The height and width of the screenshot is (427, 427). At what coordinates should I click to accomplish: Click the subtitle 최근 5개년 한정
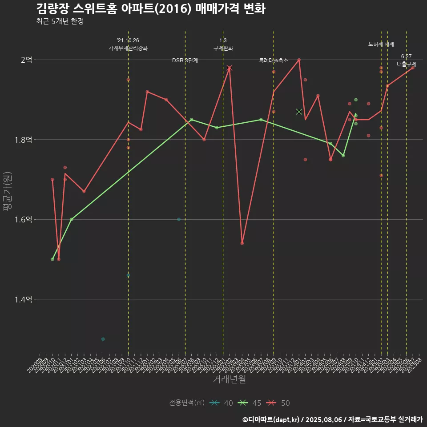pyautogui.click(x=60, y=21)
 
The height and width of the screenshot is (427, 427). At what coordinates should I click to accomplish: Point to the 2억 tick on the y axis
pyautogui.click(x=27, y=60)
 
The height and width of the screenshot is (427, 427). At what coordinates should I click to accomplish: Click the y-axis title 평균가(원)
pyautogui.click(x=8, y=191)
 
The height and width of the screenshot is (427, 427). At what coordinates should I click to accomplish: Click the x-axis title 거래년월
pyautogui.click(x=229, y=379)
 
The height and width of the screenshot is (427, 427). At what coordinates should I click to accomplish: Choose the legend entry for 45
pyautogui.click(x=250, y=403)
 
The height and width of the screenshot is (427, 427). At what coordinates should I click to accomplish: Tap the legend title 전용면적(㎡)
pyautogui.click(x=187, y=403)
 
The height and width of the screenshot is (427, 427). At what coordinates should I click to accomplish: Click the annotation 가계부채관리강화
pyautogui.click(x=128, y=48)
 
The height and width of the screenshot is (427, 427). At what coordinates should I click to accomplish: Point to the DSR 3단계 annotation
pyautogui.click(x=185, y=60)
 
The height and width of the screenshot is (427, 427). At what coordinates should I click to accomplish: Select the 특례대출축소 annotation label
pyautogui.click(x=274, y=60)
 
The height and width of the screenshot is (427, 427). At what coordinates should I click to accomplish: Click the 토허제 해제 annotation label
pyautogui.click(x=381, y=44)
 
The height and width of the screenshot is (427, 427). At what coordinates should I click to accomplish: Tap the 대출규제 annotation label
pyautogui.click(x=407, y=64)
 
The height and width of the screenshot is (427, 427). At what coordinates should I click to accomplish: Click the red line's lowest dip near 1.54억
pyautogui.click(x=242, y=243)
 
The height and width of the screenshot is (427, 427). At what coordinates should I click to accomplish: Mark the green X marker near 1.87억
pyautogui.click(x=299, y=112)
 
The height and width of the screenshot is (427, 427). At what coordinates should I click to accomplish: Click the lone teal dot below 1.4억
pyautogui.click(x=103, y=339)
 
